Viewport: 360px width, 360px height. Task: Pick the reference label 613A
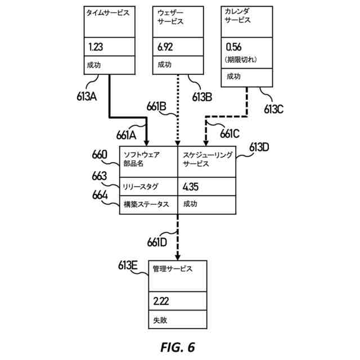click(86, 96)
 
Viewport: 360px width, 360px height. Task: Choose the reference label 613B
click(201, 96)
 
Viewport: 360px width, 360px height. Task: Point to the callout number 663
click(100, 176)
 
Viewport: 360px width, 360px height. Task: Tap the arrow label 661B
click(156, 106)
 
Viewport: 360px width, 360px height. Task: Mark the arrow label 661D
click(157, 242)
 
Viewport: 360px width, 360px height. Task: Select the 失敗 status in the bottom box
click(160, 321)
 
